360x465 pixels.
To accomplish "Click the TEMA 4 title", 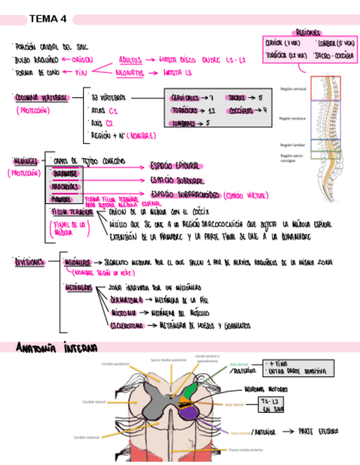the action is click(x=48, y=19).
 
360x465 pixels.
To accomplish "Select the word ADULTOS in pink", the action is click(x=131, y=59).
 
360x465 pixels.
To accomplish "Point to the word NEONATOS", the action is click(x=131, y=72).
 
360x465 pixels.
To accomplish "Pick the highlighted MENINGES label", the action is click(x=25, y=161).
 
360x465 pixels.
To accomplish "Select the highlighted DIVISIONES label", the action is click(x=30, y=262).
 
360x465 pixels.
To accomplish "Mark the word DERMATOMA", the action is click(x=127, y=300).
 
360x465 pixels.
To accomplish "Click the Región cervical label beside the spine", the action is click(x=293, y=88).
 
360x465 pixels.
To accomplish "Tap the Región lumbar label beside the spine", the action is click(x=292, y=145).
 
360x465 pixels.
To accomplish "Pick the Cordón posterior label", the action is click(x=114, y=363).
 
